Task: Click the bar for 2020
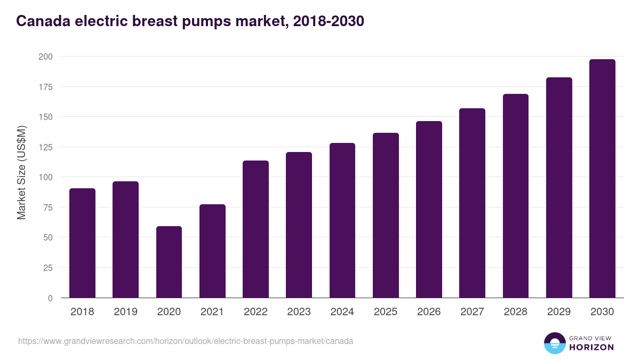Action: point(169,262)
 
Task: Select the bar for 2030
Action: point(602,179)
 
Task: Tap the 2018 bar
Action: point(82,243)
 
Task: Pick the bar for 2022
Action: point(255,229)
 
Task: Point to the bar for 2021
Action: point(212,251)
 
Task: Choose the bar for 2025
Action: point(386,215)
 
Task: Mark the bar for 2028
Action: point(516,196)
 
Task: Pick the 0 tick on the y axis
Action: point(50,298)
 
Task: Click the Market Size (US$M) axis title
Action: point(21,173)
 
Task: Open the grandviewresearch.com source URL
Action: point(185,341)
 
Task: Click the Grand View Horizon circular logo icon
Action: point(554,343)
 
